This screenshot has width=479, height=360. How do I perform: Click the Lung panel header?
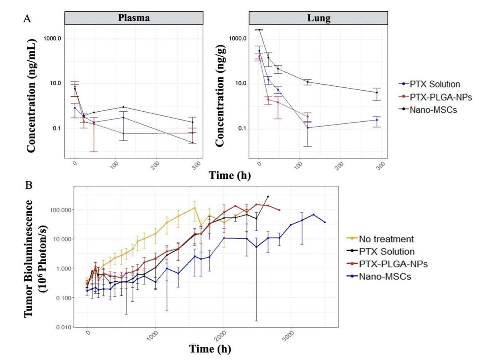coord(319,18)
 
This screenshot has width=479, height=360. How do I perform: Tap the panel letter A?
coord(27,18)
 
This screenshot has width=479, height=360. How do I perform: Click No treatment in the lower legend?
coord(385,239)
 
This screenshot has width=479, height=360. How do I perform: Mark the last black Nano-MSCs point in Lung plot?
coord(377,93)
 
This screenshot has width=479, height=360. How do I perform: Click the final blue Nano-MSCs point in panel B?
coord(325,222)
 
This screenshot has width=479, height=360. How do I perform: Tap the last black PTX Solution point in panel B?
coord(268,196)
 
